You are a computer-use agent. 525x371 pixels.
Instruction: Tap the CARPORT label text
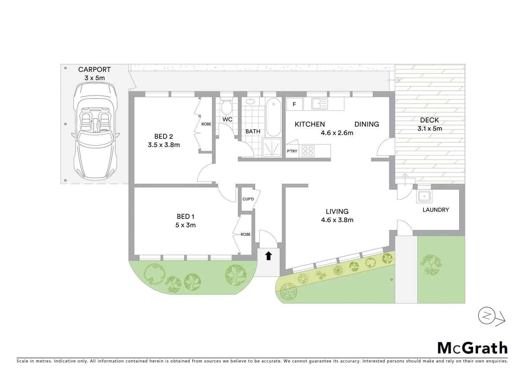94,70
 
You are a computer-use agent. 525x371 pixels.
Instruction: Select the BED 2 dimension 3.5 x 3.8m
164,145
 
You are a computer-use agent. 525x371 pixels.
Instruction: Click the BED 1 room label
185,216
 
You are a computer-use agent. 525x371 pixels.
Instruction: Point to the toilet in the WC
227,108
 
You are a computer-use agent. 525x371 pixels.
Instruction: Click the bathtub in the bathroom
273,117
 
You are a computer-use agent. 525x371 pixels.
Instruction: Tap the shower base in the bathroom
272,148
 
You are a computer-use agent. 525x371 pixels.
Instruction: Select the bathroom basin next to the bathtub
250,102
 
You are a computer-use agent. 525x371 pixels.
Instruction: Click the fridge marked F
294,104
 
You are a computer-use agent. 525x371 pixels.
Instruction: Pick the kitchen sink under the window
320,103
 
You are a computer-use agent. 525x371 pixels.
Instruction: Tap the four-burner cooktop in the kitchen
308,151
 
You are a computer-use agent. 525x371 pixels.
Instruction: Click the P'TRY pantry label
292,151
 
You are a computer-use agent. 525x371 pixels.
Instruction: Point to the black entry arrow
269,256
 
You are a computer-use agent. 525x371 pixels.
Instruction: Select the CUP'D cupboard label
248,199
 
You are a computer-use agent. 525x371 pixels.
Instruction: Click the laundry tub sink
424,196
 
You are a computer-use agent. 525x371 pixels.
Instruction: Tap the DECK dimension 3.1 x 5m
430,129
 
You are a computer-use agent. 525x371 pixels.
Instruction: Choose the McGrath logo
472,348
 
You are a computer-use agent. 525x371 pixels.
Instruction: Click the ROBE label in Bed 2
206,124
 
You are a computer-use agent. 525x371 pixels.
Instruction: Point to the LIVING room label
337,212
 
